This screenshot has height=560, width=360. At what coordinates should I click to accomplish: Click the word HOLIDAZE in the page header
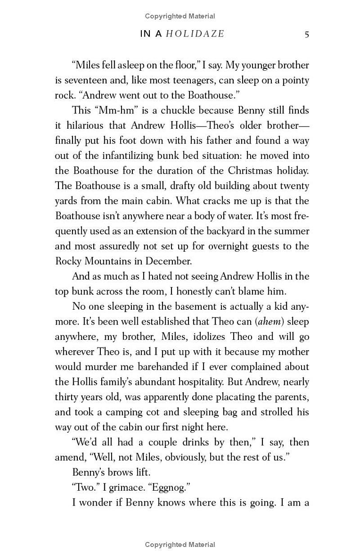(x=195, y=34)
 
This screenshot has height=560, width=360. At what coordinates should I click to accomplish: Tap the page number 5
(x=306, y=34)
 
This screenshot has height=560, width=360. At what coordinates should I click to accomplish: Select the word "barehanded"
(x=153, y=367)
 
